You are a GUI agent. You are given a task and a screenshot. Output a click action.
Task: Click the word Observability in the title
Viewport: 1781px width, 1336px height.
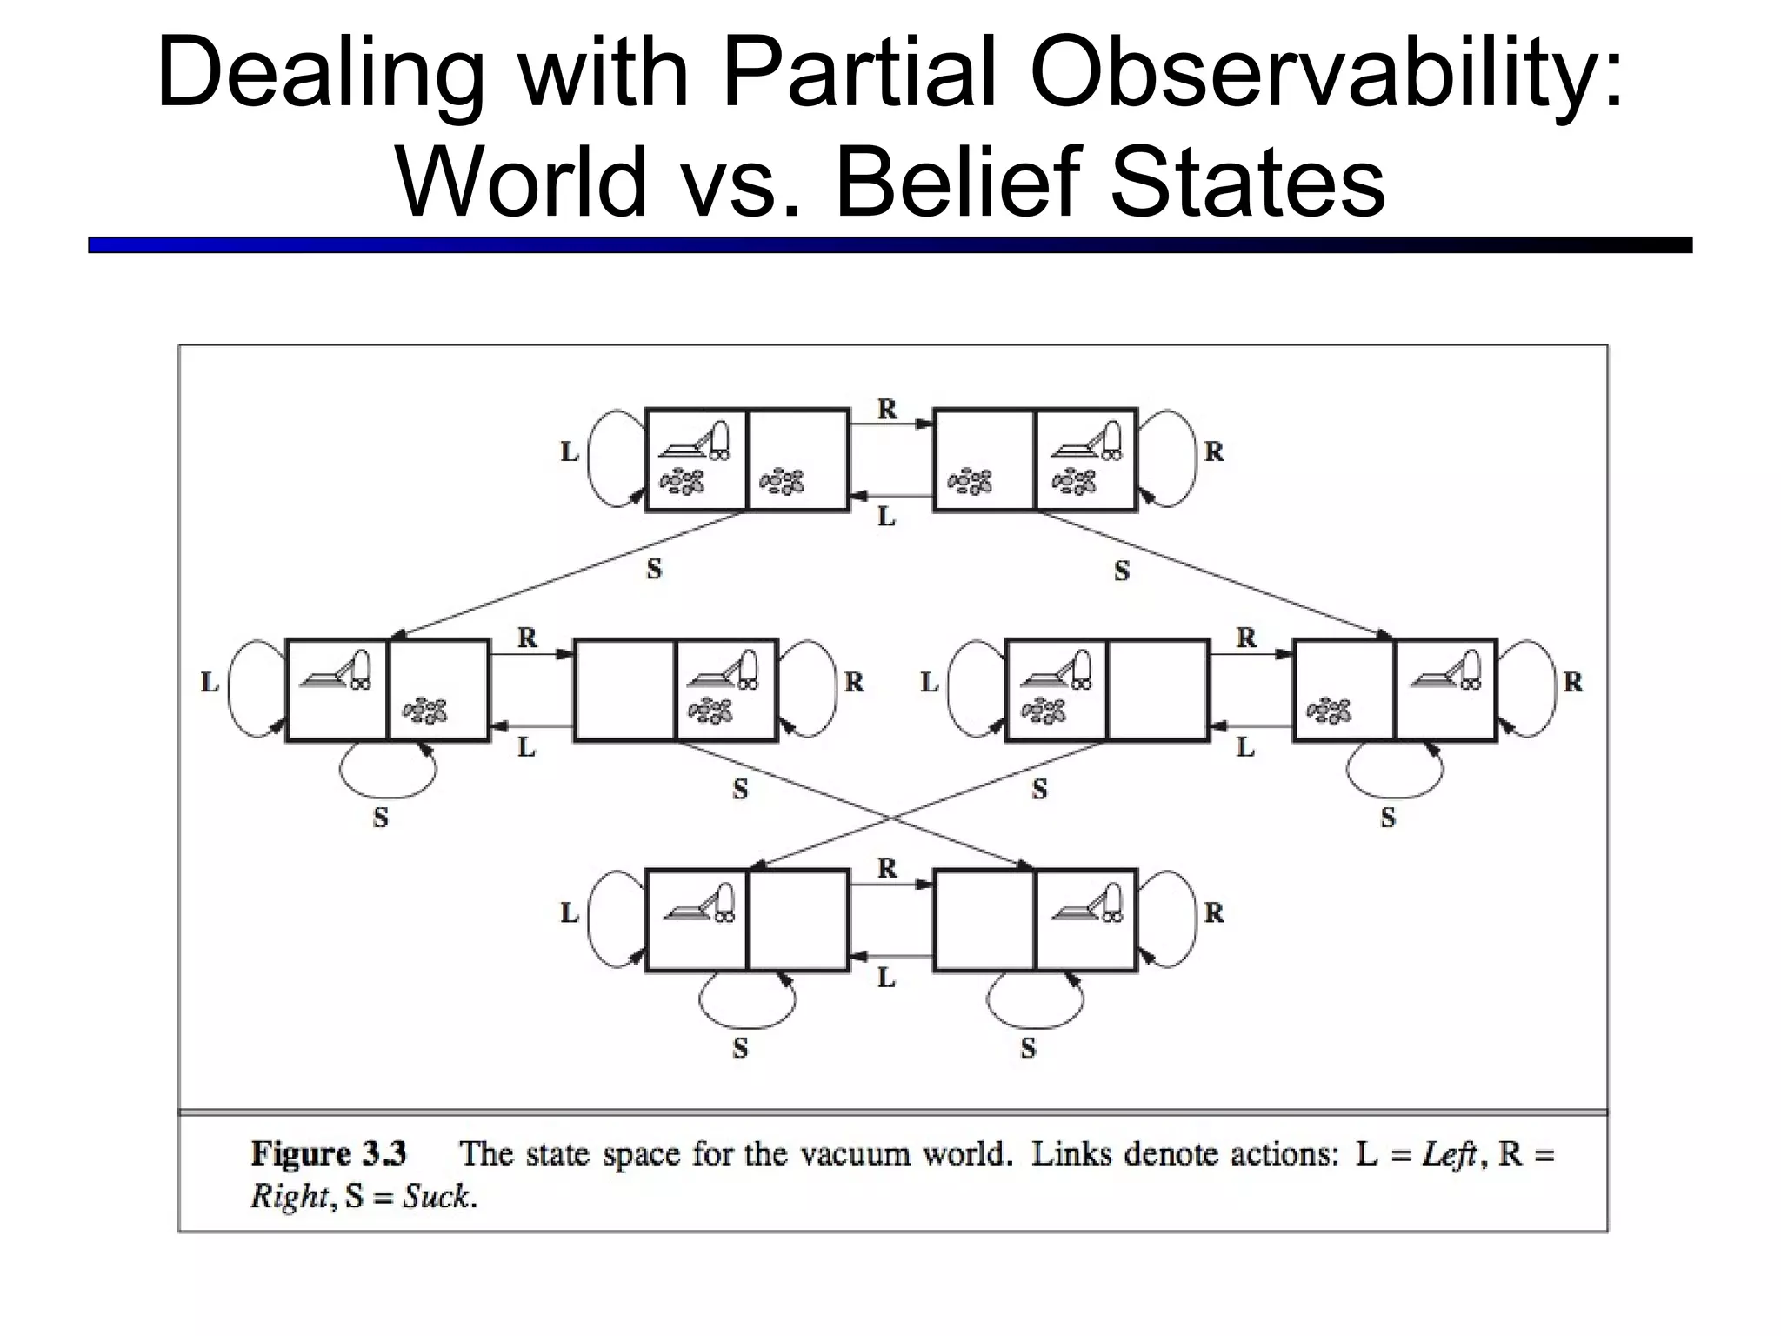[1326, 74]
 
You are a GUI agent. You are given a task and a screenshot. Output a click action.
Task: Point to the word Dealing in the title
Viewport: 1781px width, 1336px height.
[321, 74]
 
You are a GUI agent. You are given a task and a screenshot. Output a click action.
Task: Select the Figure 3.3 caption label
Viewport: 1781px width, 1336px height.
[329, 1153]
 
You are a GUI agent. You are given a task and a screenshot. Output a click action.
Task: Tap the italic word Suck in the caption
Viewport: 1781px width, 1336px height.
[436, 1197]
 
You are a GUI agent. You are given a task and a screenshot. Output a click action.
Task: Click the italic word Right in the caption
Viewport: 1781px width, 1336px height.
[290, 1197]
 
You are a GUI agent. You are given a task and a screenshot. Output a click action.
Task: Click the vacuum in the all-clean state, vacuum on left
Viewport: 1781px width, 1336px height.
[699, 903]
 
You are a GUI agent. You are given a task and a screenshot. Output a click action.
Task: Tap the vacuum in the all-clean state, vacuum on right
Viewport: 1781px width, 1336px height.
[1087, 903]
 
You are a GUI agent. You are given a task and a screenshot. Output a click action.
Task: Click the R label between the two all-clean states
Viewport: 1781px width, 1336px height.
[886, 868]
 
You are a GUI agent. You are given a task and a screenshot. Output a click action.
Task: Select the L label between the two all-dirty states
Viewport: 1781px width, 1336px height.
[886, 517]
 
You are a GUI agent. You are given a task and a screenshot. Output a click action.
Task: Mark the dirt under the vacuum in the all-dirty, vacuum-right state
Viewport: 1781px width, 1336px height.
[1074, 481]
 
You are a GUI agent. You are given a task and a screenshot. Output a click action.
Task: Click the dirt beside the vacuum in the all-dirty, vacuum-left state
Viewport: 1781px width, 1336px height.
[782, 481]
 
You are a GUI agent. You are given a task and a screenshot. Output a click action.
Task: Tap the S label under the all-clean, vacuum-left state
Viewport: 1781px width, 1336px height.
[740, 1048]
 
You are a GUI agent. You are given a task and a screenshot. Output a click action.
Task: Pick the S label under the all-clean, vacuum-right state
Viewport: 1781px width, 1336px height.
[1028, 1048]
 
